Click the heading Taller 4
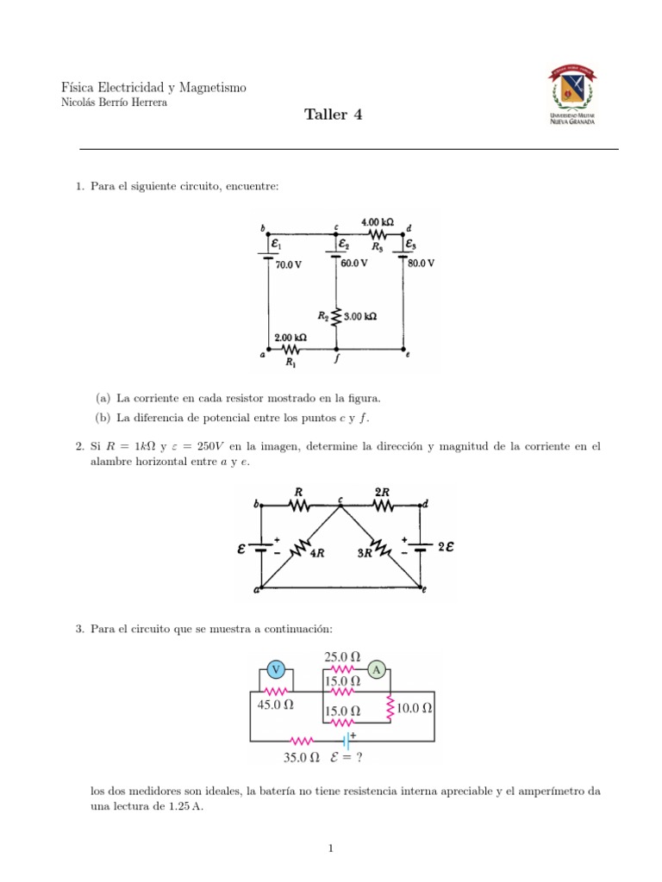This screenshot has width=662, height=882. click(334, 115)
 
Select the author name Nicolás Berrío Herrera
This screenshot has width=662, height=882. click(115, 102)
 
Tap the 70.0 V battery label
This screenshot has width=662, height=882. click(289, 264)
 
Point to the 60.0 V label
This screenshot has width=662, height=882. click(353, 263)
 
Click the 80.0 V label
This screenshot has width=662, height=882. click(422, 263)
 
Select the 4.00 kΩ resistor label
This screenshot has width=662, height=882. click(378, 220)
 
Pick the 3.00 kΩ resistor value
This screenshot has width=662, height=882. click(360, 316)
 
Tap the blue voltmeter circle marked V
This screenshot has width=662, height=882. click(276, 669)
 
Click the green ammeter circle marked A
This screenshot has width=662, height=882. click(376, 668)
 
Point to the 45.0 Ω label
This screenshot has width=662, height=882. click(276, 705)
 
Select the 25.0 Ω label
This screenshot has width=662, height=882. click(342, 656)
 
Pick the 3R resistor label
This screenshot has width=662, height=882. click(363, 554)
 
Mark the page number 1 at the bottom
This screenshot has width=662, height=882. click(330, 849)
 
